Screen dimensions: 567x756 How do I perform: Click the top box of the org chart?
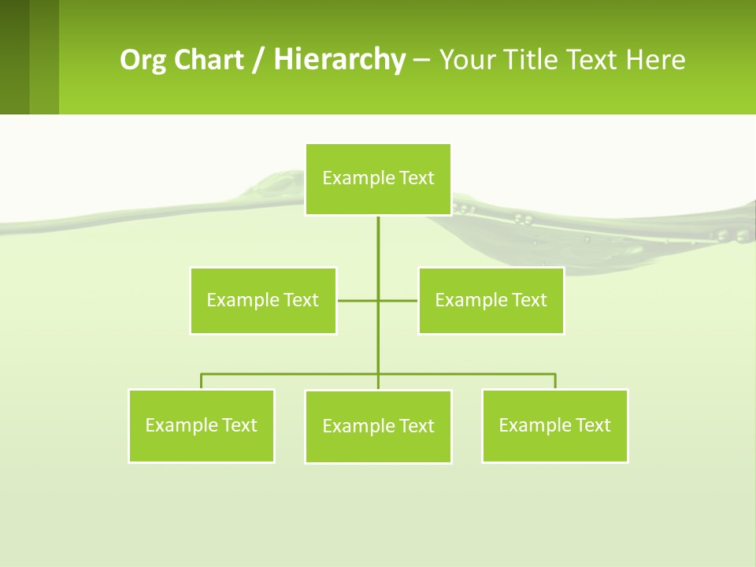378,179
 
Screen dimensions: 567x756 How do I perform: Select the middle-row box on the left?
263,301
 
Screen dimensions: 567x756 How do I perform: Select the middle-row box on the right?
491,301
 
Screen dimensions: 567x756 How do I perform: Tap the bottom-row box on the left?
202,426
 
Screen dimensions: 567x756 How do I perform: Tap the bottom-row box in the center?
378,427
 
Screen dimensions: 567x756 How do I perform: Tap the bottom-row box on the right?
554,426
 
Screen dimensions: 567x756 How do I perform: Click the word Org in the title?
139,60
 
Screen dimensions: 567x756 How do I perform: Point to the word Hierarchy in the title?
339,60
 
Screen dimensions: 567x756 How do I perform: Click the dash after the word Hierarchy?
421,60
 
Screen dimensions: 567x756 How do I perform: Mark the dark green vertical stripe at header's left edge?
14,57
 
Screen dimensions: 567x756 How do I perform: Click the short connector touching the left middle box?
356,301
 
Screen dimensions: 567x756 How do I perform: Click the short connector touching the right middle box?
399,301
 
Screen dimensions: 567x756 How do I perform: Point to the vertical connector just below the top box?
378,236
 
